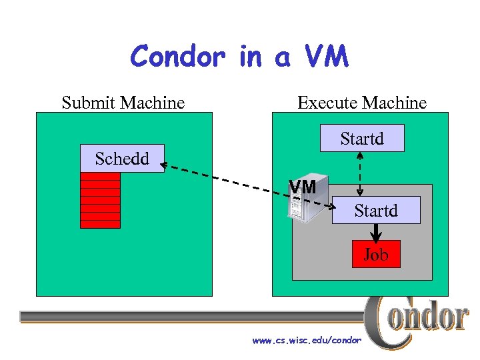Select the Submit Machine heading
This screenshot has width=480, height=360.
point(123,103)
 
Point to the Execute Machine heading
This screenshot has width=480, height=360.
point(362,103)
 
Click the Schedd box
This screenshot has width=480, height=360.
point(122,159)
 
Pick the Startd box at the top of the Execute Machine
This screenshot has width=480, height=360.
point(362,139)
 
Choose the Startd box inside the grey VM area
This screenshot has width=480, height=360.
point(376,210)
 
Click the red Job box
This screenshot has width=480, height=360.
point(376,254)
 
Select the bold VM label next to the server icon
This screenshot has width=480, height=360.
point(303,187)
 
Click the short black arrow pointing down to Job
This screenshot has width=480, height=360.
point(376,232)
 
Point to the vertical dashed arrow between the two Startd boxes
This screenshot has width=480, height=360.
point(360,174)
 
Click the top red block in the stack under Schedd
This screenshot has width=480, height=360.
point(100,176)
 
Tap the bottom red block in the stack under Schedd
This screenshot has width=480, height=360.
point(100,224)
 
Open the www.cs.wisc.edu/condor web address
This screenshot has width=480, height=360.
point(307,340)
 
